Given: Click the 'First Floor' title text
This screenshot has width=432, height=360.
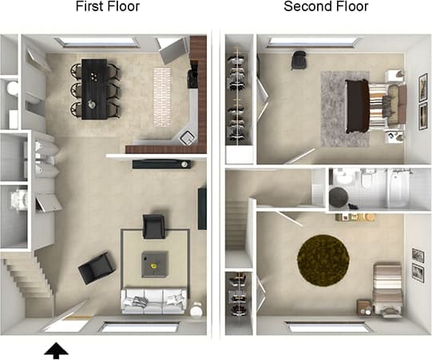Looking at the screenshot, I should point(107,8).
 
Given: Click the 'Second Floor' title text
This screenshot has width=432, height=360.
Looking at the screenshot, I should point(326,8).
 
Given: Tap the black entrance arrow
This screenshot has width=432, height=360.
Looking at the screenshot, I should point(57,349).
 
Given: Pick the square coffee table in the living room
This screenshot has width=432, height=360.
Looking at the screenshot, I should point(154,262).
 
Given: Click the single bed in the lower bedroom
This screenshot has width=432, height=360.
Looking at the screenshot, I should point(389,287).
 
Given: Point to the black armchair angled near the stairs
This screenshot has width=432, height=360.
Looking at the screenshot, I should point(97,267).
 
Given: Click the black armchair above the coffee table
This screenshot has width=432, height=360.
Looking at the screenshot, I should point(154,226).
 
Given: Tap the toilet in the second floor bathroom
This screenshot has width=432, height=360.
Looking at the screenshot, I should point(369,180).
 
